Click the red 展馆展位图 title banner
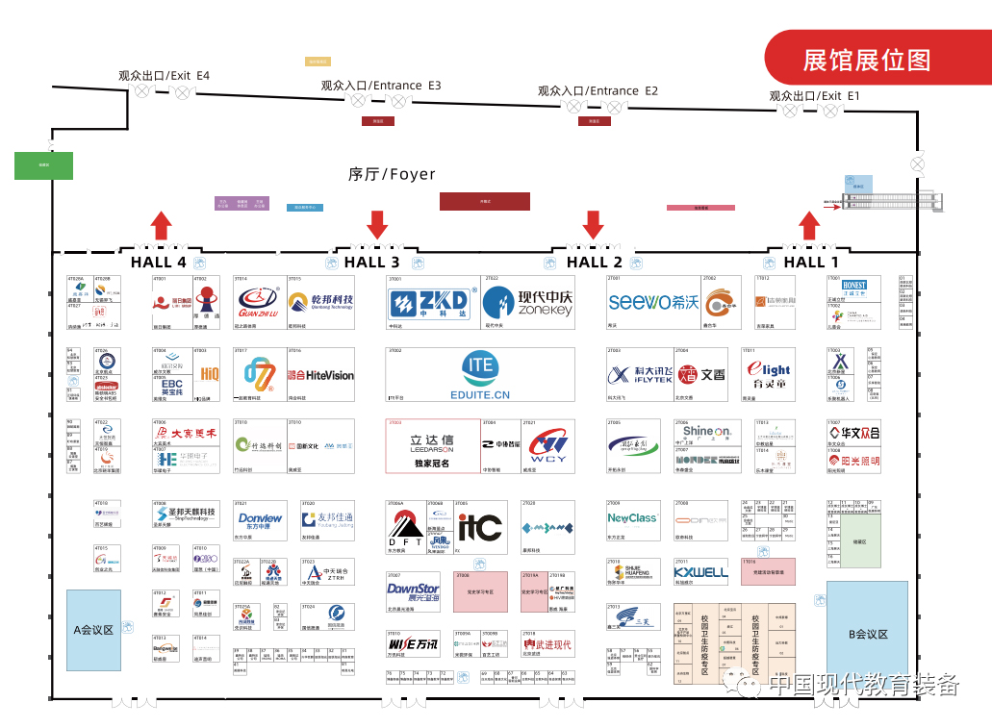868,60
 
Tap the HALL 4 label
159,263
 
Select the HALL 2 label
595,263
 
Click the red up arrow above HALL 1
810,226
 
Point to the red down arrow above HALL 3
377,224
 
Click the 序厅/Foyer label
392,174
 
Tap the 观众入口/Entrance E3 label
381,86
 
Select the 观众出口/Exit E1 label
814,96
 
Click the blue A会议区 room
93,630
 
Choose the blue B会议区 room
867,634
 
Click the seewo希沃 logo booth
653,302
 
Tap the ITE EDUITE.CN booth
480,375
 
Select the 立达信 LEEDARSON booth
419,445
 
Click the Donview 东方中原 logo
261,519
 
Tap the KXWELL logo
700,572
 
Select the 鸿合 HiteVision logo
320,375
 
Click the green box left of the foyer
43,164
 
